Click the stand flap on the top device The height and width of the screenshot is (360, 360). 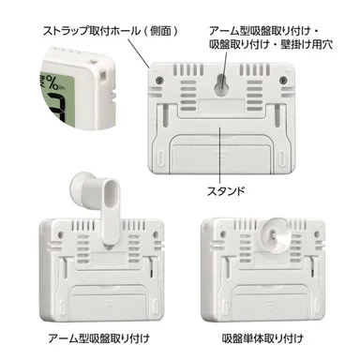point(220,150)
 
